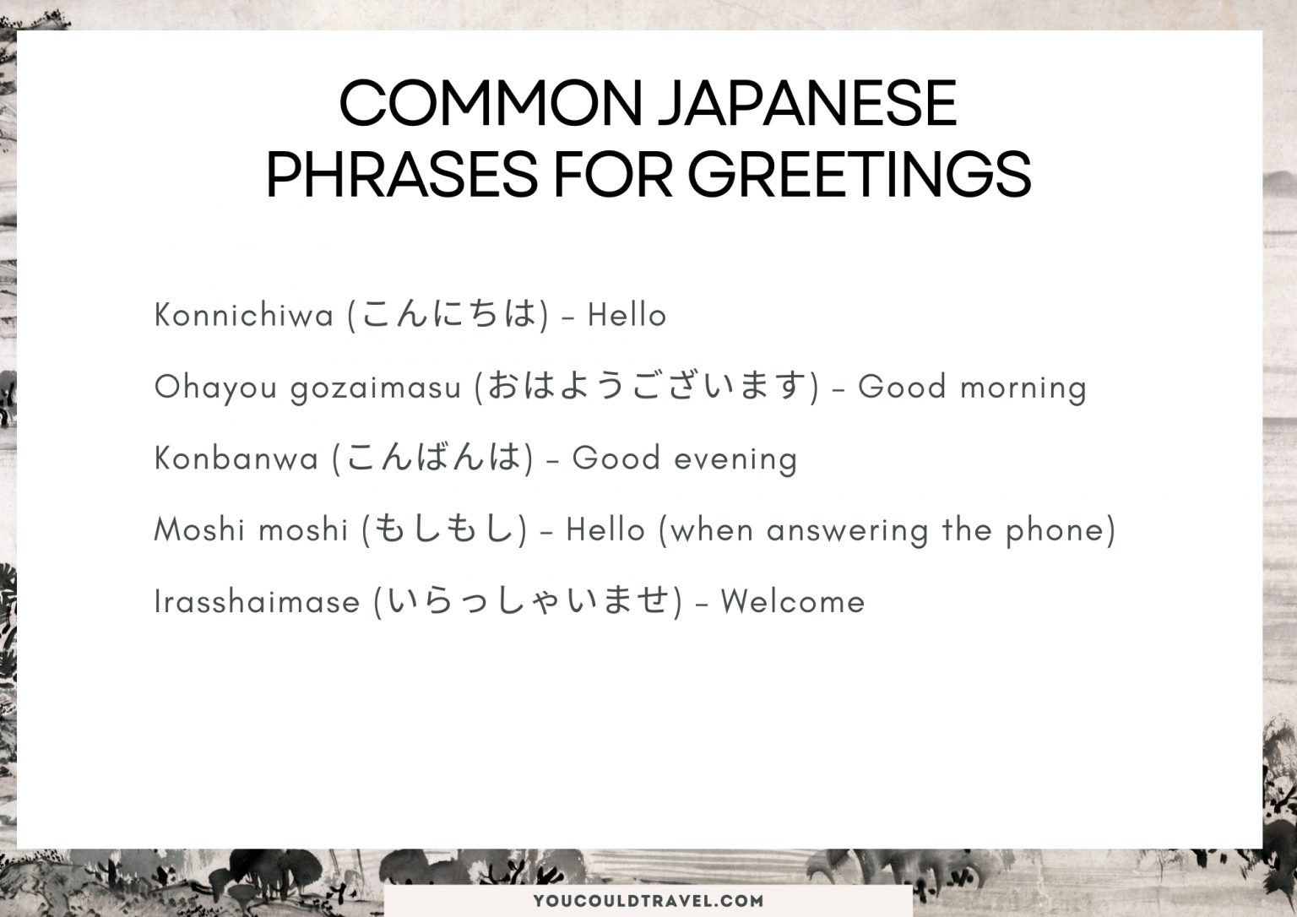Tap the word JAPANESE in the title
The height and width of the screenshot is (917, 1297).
click(806, 104)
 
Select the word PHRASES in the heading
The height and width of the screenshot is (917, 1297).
click(401, 176)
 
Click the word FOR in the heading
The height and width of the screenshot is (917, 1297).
click(612, 176)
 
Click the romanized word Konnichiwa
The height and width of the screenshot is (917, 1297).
click(244, 316)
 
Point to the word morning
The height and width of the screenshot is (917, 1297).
click(1023, 388)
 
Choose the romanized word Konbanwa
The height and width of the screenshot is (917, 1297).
click(236, 458)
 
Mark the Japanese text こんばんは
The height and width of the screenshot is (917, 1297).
click(433, 458)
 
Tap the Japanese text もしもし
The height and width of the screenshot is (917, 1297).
click(444, 529)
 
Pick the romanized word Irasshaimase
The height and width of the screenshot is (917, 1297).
click(257, 602)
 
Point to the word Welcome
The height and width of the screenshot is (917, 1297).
click(792, 602)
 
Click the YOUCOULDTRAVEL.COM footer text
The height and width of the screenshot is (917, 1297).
click(648, 901)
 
